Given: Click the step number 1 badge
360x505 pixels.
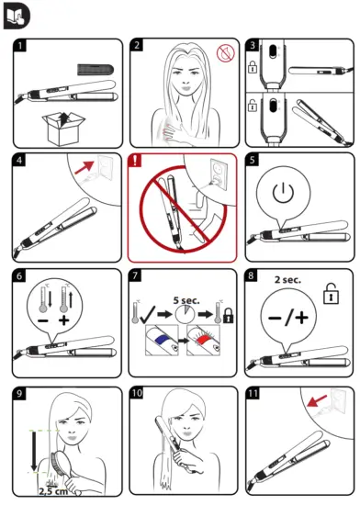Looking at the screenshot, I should (21, 46).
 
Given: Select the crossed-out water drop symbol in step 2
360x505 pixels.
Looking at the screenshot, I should (224, 54).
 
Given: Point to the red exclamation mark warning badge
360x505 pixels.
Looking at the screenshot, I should (138, 161).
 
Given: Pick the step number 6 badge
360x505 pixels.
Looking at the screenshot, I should (21, 276).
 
